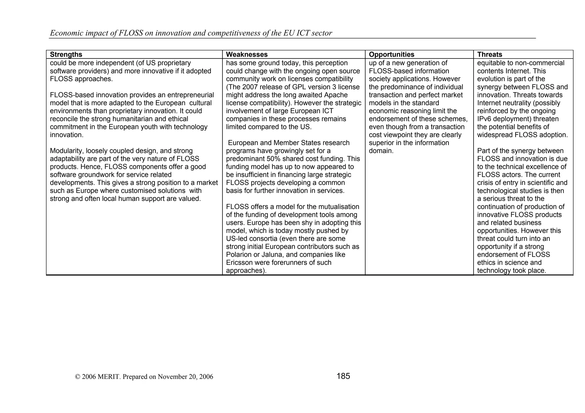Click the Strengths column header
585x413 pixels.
[66, 55]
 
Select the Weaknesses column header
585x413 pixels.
[247, 55]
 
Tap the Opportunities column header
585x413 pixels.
[391, 55]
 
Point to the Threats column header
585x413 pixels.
[490, 55]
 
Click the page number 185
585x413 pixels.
[343, 376]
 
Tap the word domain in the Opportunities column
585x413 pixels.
[381, 151]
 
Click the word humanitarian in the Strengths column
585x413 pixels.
[136, 119]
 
